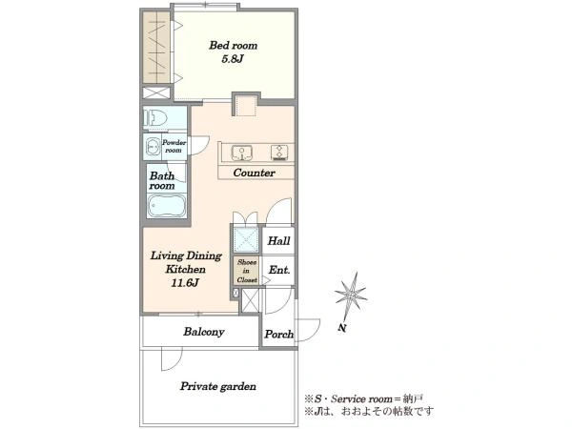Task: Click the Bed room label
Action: pos(234,46)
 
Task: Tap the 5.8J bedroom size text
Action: pos(233,59)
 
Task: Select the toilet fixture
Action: pos(155,118)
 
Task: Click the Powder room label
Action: pos(174,146)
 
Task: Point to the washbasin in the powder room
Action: pos(153,147)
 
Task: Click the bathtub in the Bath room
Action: pos(167,205)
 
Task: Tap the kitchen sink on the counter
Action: pos(241,153)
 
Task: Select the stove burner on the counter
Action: pos(279,153)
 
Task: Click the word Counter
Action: pos(254,173)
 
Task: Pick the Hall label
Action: pos(278,241)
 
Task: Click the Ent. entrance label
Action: pos(279,270)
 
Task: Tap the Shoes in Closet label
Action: pos(247,271)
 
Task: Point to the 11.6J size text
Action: pos(185,283)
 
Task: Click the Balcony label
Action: pos(204,332)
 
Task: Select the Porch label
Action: pos(279,335)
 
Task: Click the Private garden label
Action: pos(217,386)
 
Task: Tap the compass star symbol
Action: pos(351,294)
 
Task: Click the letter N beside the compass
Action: pos(342,328)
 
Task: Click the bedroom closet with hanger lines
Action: pos(156,48)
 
